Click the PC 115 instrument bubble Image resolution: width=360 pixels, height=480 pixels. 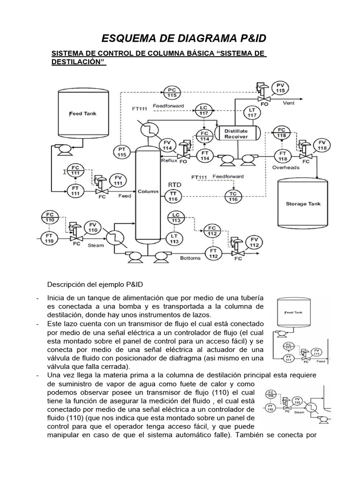(172, 92)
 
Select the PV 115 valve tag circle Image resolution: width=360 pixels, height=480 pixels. (280, 87)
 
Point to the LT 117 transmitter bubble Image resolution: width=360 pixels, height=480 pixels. (252, 112)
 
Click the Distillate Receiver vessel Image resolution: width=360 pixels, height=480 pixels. (236, 133)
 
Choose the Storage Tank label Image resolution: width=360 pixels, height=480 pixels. (303, 204)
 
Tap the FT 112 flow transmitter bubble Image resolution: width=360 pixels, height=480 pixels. (213, 254)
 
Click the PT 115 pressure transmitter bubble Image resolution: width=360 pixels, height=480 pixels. (122, 151)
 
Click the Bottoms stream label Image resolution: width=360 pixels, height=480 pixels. (190, 258)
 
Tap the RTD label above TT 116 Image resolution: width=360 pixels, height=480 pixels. (174, 185)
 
